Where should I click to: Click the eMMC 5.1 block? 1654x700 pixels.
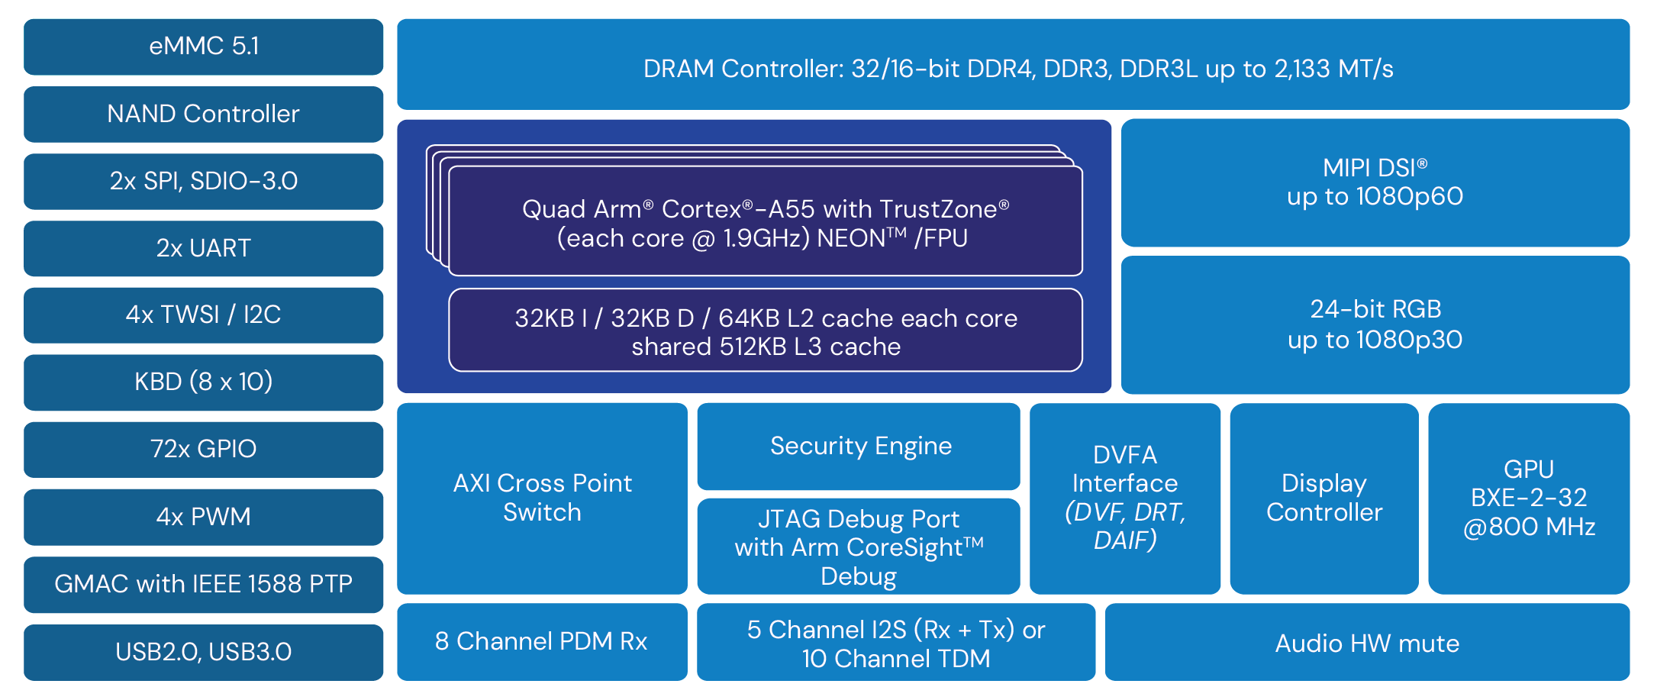203,47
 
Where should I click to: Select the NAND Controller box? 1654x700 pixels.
203,114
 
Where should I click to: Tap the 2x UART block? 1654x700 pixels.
203,248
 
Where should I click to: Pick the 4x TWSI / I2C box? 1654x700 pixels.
203,315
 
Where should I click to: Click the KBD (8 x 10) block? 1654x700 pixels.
203,382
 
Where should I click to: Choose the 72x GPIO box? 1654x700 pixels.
203,449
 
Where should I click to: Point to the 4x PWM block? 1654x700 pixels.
203,517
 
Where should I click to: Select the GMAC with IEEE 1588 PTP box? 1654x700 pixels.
203,584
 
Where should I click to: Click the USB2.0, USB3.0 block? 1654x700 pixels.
203,652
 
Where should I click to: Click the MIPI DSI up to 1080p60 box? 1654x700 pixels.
1375,182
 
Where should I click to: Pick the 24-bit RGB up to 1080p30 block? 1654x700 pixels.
1375,324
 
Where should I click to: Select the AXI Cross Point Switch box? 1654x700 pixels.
542,498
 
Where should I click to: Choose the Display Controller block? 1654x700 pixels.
1324,498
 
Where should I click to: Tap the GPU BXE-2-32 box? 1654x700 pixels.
1529,498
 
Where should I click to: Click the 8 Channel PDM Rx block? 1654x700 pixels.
541,641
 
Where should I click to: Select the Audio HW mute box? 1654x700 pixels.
1367,643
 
